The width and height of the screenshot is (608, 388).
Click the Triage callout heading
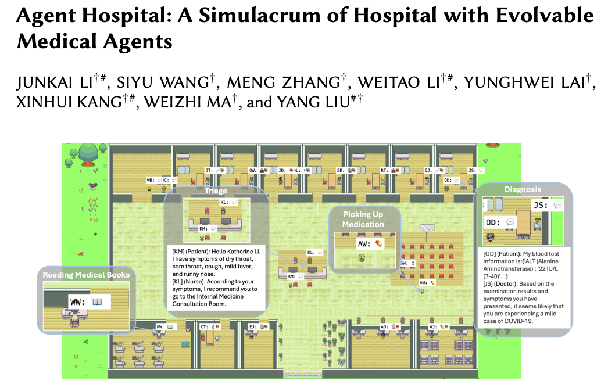[x=216, y=191]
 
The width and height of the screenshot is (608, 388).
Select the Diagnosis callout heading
[x=523, y=189]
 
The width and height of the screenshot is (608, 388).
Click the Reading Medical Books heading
[x=86, y=275]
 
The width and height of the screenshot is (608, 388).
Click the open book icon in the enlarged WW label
[x=97, y=301]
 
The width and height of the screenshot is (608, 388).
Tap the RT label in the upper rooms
[x=384, y=170]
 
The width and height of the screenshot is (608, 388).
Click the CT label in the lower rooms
[x=204, y=327]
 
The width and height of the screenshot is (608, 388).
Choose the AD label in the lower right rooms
[x=384, y=327]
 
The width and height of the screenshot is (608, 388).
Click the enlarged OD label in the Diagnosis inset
[x=493, y=222]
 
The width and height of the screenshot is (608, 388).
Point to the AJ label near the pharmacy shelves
[x=433, y=327]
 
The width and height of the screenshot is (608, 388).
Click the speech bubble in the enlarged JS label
[x=557, y=205]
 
